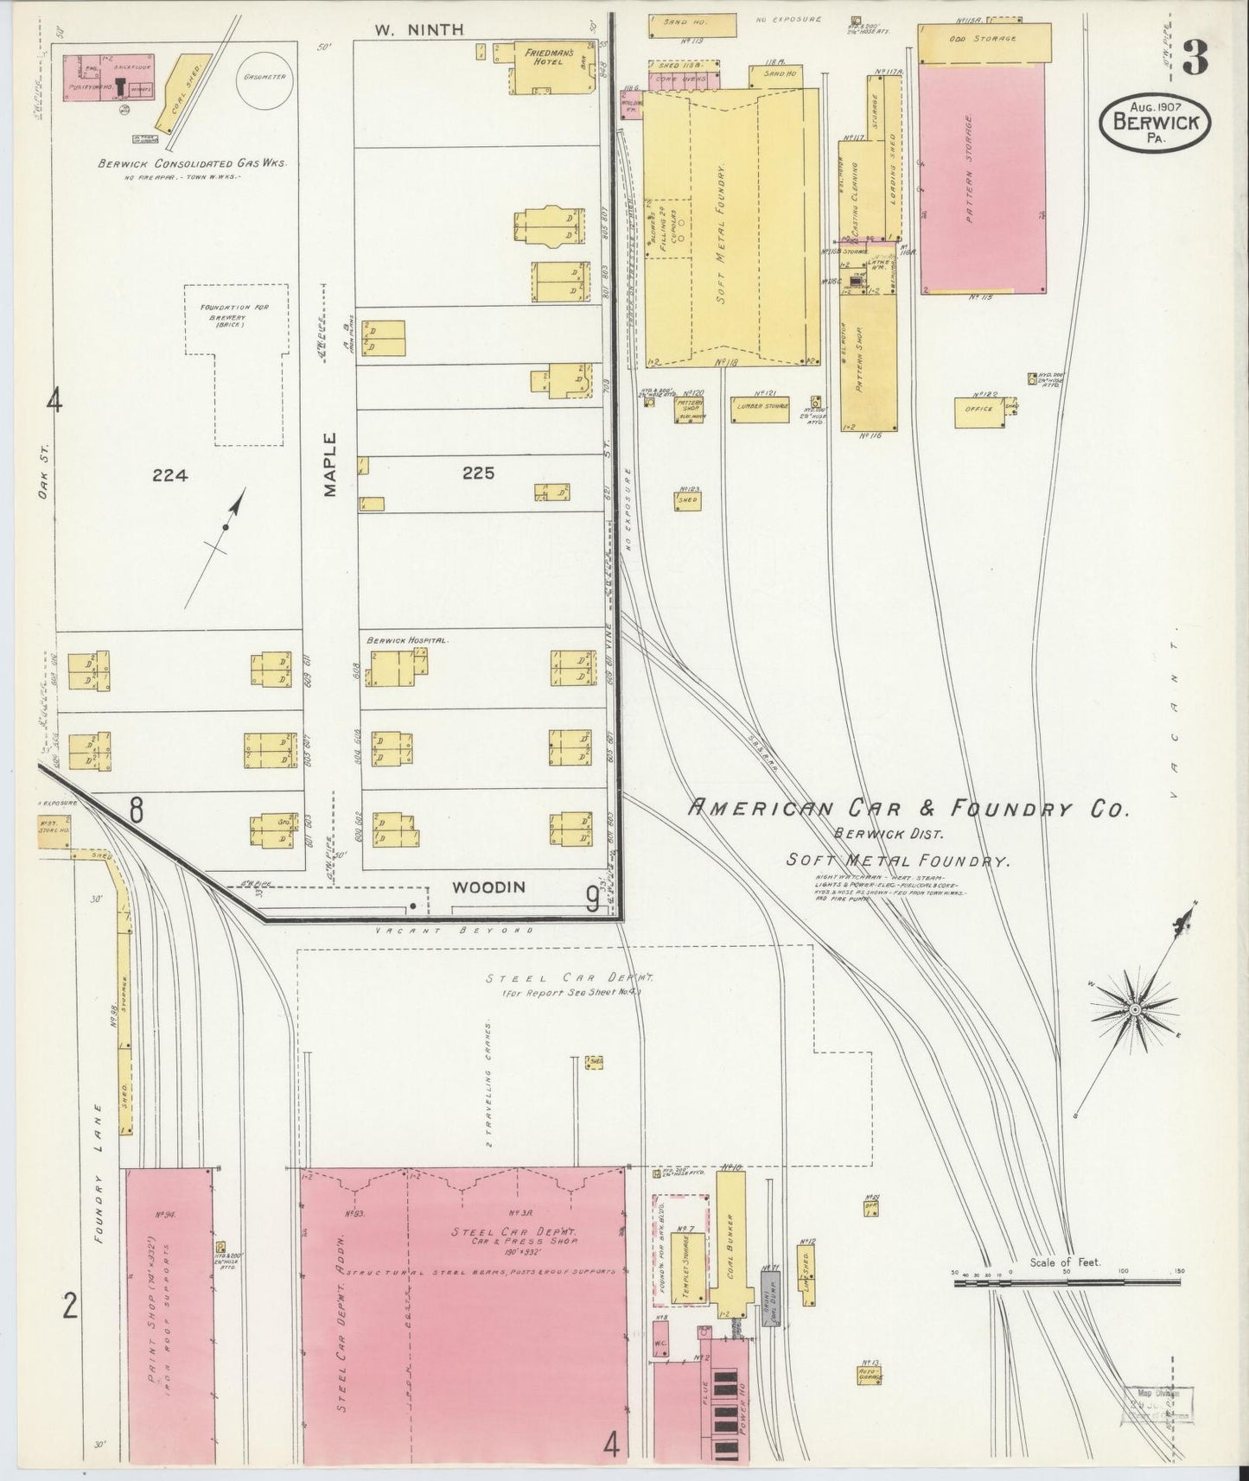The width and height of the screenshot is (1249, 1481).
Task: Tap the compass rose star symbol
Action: [1135, 1008]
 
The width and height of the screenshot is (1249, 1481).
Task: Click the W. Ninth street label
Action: [419, 29]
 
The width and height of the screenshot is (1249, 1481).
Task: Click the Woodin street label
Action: [488, 887]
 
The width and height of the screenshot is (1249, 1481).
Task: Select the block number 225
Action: [477, 474]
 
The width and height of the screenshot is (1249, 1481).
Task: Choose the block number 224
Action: [169, 474]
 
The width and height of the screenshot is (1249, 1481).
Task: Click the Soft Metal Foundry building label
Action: [722, 225]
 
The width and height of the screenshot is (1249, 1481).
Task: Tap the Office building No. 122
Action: [978, 410]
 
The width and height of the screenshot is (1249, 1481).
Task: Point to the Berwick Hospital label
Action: [406, 640]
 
